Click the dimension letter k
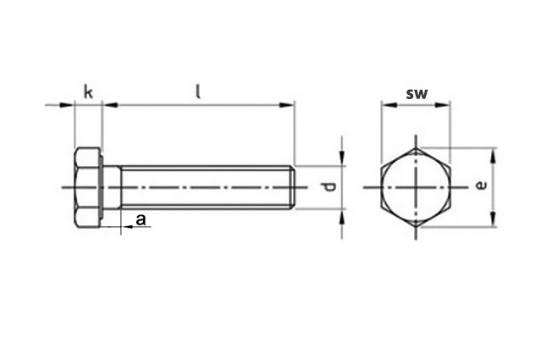point(88,92)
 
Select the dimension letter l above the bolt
point(198,91)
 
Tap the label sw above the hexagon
point(417,93)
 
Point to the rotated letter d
point(330,186)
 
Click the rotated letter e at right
point(481,186)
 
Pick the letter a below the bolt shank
point(141,219)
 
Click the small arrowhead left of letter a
point(129,227)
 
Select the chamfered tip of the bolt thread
point(292,187)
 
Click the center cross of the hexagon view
point(416,187)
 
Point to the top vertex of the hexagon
point(416,148)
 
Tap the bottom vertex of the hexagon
point(416,227)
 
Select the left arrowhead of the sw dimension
point(389,104)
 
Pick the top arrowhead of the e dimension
point(494,155)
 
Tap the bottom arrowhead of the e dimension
point(494,219)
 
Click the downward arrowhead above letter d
point(341,158)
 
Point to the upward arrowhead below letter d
point(341,218)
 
